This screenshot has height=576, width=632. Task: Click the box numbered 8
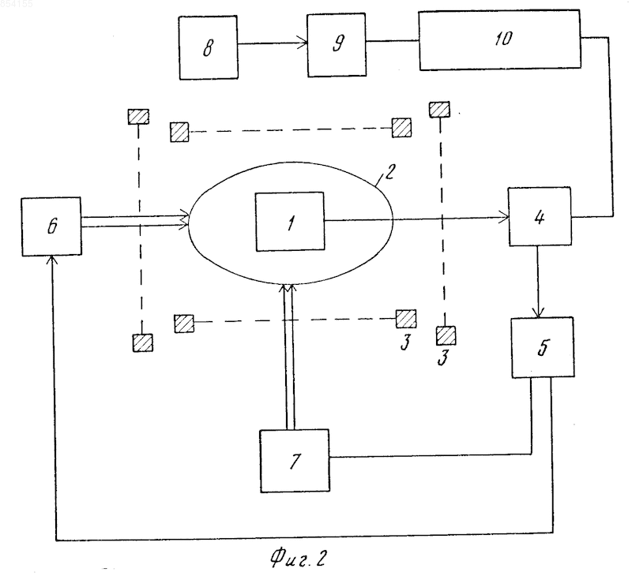point(208,47)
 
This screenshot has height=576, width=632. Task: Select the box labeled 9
point(337,45)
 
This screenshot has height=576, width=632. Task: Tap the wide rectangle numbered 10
point(500,40)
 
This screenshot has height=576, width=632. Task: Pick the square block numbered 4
point(540,216)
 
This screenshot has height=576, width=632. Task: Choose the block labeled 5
point(543,347)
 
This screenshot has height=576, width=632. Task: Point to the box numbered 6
point(51,226)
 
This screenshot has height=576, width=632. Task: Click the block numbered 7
point(295,461)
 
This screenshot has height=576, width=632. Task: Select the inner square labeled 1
point(290,222)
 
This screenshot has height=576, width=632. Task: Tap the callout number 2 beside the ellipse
point(389,171)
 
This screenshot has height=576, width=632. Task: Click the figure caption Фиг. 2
point(298,558)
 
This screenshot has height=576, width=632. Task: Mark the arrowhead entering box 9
point(303,43)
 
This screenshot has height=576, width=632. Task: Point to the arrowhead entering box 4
point(503,217)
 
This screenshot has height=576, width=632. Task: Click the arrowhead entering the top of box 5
point(539,312)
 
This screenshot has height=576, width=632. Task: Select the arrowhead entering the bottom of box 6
point(52,260)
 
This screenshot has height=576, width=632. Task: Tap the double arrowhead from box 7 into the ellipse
point(288,287)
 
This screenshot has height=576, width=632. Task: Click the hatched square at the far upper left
point(138,117)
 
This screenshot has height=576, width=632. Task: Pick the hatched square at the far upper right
point(439,110)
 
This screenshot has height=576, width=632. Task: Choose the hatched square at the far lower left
point(143,343)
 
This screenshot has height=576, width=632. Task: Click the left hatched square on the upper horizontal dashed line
point(179,132)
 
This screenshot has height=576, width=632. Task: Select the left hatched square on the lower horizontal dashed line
point(184,324)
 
